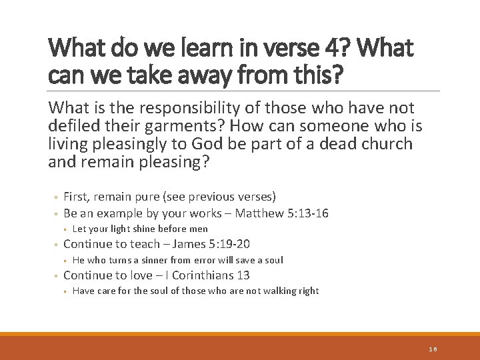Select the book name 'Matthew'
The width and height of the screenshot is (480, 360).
[263, 213]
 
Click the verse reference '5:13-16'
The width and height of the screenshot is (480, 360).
[307, 213]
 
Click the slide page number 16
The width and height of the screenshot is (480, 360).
[433, 349]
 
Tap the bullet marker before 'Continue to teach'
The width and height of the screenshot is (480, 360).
[57, 245]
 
